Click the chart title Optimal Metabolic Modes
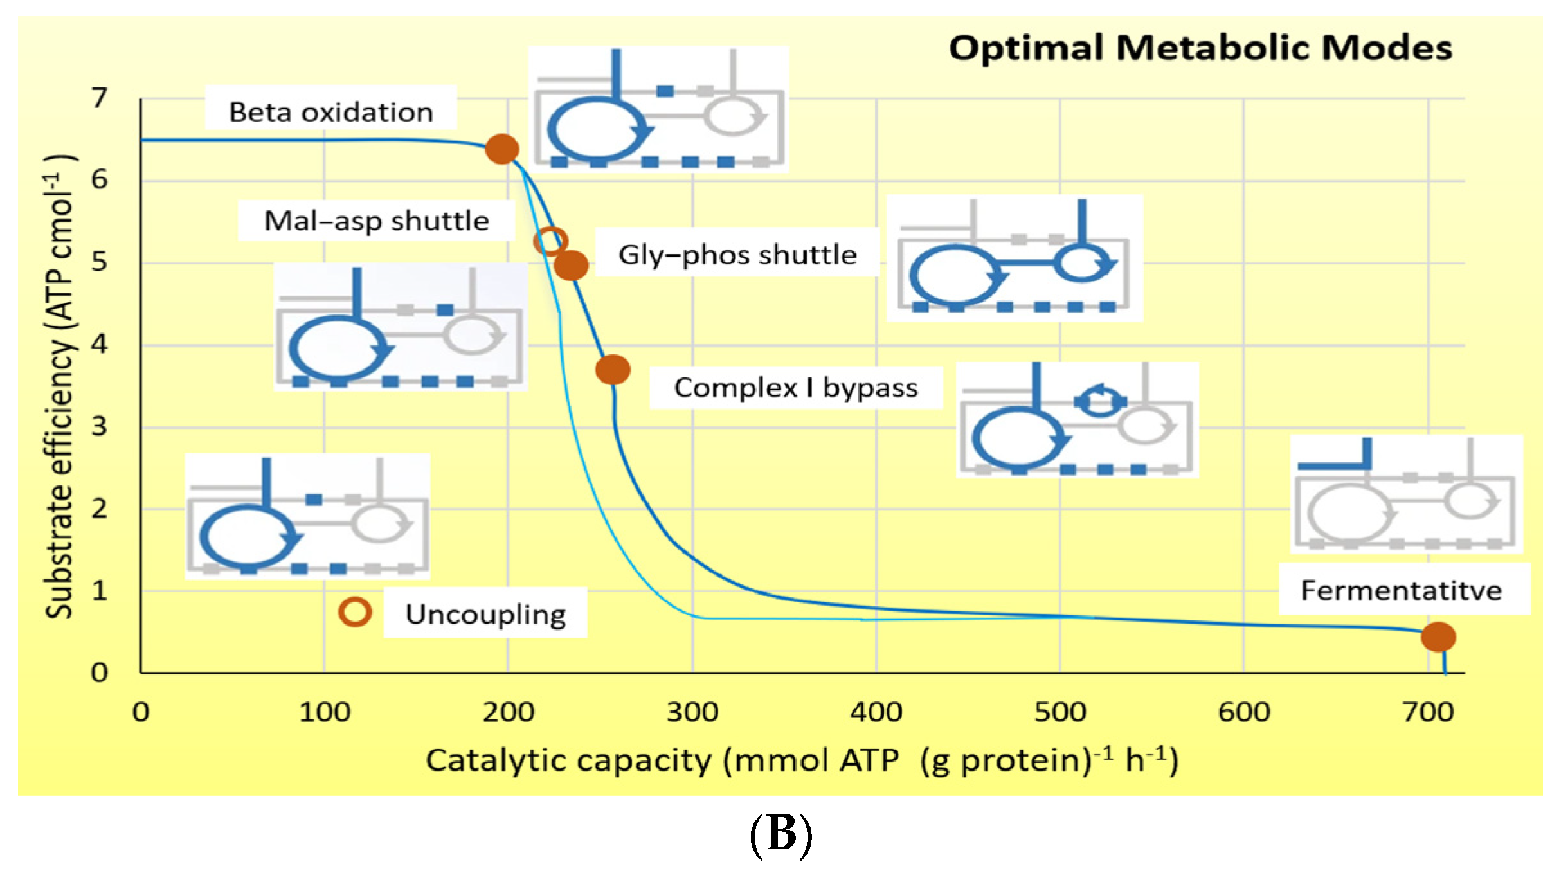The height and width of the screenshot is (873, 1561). [1200, 48]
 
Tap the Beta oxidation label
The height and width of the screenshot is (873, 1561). [331, 113]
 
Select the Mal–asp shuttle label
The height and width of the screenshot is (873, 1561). [377, 221]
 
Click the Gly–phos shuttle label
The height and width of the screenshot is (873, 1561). [737, 255]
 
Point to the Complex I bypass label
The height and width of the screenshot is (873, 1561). [796, 388]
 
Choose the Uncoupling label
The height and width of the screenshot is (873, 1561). [485, 615]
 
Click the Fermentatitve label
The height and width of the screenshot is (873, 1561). [1402, 590]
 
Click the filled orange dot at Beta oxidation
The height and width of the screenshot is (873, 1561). [502, 149]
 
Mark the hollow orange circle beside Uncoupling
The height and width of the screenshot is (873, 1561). [355, 611]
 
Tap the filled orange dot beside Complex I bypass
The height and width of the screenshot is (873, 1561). [613, 370]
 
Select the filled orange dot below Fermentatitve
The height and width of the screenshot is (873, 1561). [1439, 637]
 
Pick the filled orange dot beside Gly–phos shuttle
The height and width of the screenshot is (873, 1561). [571, 265]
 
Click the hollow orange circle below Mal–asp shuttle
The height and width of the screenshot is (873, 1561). [550, 242]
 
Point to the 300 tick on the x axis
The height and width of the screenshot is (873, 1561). [692, 712]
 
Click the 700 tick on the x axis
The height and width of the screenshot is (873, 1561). [1429, 712]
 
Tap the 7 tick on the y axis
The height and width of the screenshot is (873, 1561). [99, 98]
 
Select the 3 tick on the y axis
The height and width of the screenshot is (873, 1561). [99, 426]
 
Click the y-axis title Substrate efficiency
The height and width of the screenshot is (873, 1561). [60, 386]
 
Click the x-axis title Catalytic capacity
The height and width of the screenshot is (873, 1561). [801, 760]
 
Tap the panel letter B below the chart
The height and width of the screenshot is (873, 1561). [781, 834]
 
